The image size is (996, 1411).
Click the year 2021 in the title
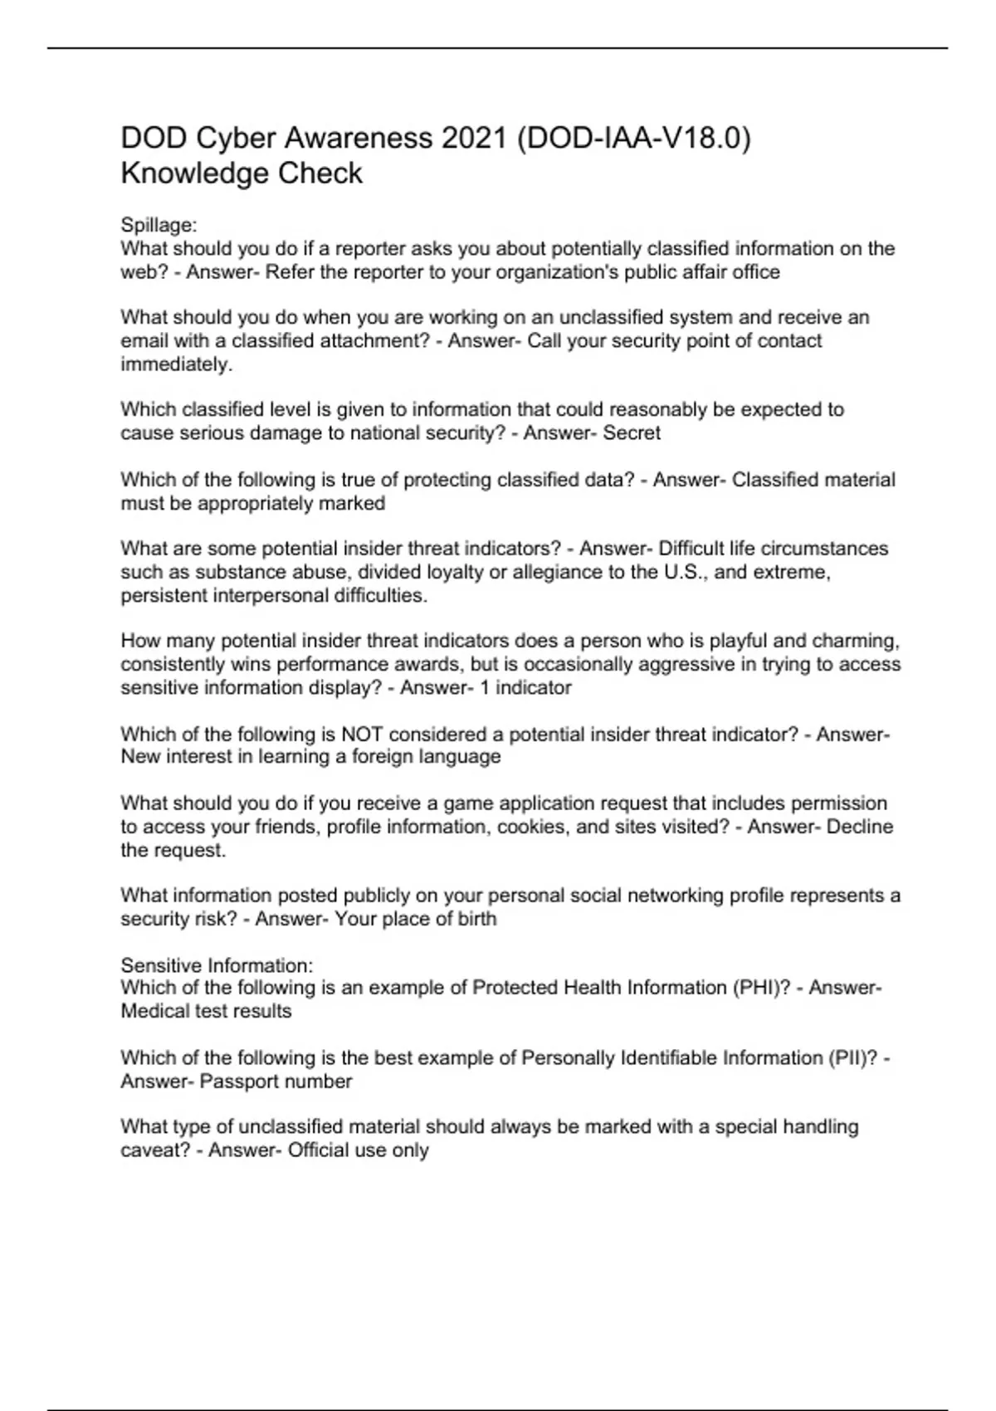click(473, 138)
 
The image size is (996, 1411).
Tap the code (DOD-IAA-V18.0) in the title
click(633, 138)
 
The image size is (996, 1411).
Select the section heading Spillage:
click(159, 225)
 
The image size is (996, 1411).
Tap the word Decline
click(860, 828)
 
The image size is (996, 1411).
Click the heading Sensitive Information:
click(217, 966)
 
